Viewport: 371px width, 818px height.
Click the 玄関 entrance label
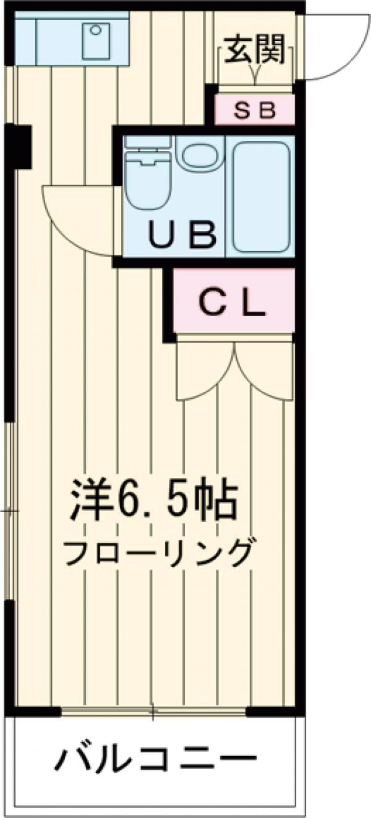[254, 49]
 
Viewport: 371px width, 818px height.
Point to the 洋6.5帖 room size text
[153, 500]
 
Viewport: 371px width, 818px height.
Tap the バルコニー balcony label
[155, 758]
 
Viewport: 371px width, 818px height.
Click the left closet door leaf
[204, 371]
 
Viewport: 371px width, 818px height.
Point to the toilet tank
[147, 142]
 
